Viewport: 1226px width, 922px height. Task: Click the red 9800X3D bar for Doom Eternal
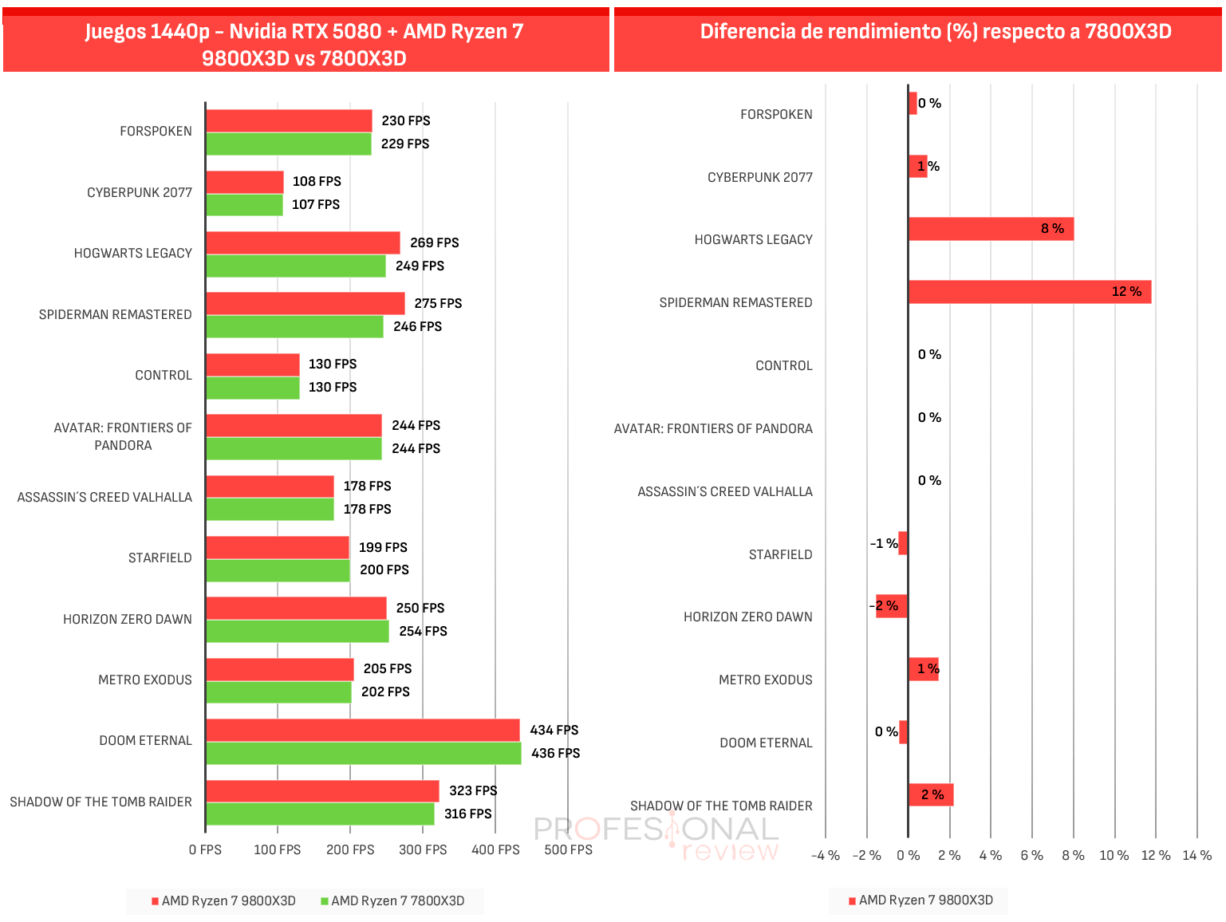[x=363, y=731]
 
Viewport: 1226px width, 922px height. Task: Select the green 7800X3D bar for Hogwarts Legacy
[x=296, y=266]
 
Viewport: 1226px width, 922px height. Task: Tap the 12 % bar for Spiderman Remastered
[x=1031, y=292]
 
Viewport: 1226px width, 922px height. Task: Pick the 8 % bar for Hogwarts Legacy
[x=991, y=229]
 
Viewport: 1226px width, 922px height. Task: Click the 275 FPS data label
[x=439, y=303]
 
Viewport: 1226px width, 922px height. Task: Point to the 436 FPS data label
[x=556, y=754]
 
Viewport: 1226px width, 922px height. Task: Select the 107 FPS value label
[x=316, y=204]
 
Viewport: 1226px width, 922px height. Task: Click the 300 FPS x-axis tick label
[x=423, y=850]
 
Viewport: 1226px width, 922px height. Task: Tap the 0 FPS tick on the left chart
[x=205, y=850]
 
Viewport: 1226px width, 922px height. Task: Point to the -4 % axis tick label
[x=826, y=856]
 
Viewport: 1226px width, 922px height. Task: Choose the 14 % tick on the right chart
[x=1197, y=856]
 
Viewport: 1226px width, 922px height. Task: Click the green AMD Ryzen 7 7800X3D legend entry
[x=392, y=900]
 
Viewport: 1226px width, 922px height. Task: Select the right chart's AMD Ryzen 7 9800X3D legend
[x=921, y=900]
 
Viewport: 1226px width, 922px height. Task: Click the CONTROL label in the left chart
[x=164, y=376]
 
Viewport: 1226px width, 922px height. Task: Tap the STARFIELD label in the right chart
[x=780, y=554]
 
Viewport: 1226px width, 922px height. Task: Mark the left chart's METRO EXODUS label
[x=145, y=680]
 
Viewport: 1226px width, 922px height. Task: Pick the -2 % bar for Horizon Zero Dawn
[x=892, y=606]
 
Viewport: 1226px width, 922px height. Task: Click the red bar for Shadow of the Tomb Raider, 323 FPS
[x=323, y=791]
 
